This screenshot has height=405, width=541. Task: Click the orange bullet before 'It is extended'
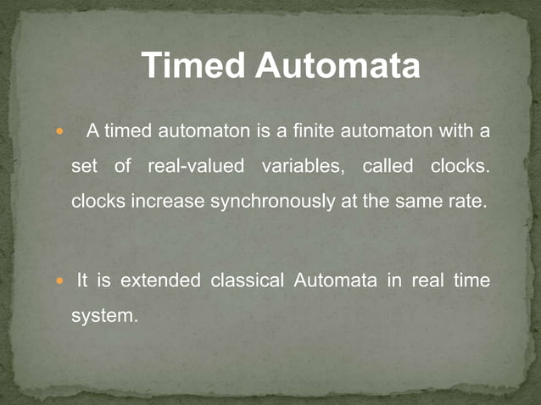click(59, 280)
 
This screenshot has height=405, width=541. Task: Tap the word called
click(386, 167)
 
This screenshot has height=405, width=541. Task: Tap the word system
click(103, 316)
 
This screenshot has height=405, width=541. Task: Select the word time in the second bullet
click(471, 280)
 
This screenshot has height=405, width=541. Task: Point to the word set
click(85, 167)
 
